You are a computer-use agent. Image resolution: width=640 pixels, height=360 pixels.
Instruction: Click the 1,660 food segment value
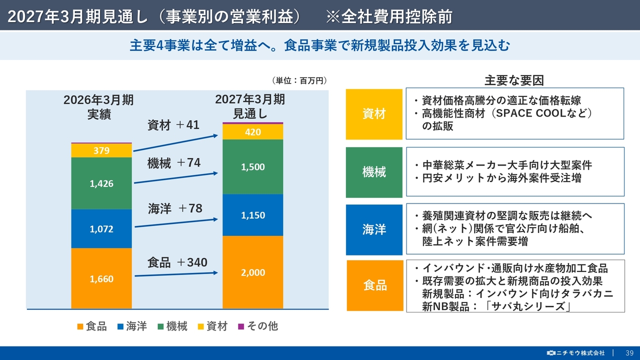pyautogui.click(x=101, y=279)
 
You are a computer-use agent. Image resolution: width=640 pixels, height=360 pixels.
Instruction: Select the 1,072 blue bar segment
pyautogui.click(x=101, y=228)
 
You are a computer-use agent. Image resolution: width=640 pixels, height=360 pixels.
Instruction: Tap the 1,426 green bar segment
pyautogui.click(x=101, y=183)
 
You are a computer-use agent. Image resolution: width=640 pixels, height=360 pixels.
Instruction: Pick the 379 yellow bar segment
pyautogui.click(x=101, y=150)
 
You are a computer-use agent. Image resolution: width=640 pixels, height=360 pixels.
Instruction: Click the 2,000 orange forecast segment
pyautogui.click(x=253, y=272)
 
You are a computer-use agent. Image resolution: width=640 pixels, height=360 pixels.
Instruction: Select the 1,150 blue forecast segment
pyautogui.click(x=253, y=215)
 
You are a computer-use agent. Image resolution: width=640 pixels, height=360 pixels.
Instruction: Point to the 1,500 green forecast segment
pyautogui.click(x=253, y=167)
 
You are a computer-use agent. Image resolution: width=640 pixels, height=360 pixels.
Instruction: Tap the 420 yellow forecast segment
pyautogui.click(x=253, y=132)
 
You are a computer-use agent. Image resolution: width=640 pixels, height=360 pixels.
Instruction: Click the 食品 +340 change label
pyautogui.click(x=177, y=262)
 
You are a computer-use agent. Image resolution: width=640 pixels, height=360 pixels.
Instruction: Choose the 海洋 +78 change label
pyautogui.click(x=175, y=208)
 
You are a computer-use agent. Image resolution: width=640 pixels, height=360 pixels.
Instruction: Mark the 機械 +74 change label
pyautogui.click(x=174, y=163)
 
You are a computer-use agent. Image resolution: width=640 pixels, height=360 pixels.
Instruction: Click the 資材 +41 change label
pyautogui.click(x=173, y=125)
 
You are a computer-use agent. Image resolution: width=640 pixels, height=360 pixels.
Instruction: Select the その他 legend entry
pyautogui.click(x=258, y=326)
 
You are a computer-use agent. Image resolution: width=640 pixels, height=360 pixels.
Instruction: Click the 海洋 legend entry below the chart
pyautogui.click(x=132, y=326)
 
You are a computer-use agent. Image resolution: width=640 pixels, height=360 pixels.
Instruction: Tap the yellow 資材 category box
pyautogui.click(x=374, y=114)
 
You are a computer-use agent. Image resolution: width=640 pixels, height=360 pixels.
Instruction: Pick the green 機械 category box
pyautogui.click(x=374, y=172)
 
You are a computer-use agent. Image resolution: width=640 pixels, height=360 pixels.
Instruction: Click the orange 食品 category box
pyautogui.click(x=375, y=285)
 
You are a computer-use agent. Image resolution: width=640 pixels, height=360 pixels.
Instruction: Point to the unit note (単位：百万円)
pyautogui.click(x=299, y=80)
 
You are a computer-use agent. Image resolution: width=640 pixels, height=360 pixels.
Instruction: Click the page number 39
pyautogui.click(x=629, y=353)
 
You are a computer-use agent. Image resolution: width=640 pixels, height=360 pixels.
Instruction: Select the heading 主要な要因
pyautogui.click(x=514, y=80)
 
